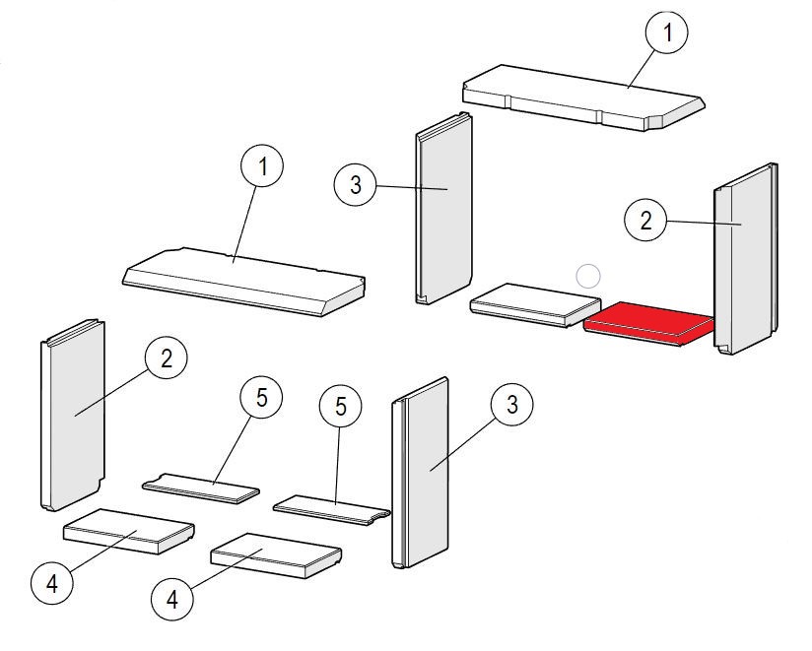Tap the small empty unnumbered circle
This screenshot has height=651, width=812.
587,277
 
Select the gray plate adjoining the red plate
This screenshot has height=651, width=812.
526,302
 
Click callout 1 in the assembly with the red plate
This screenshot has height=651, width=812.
667,34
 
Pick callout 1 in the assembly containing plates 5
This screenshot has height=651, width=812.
262,167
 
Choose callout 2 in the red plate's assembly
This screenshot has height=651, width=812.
645,221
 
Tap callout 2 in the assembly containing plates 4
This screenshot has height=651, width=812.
166,358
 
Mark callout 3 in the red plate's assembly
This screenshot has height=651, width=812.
355,184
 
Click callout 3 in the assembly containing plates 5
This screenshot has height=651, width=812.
512,405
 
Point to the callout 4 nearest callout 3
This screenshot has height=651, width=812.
172,599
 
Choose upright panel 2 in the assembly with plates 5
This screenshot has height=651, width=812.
72,419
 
